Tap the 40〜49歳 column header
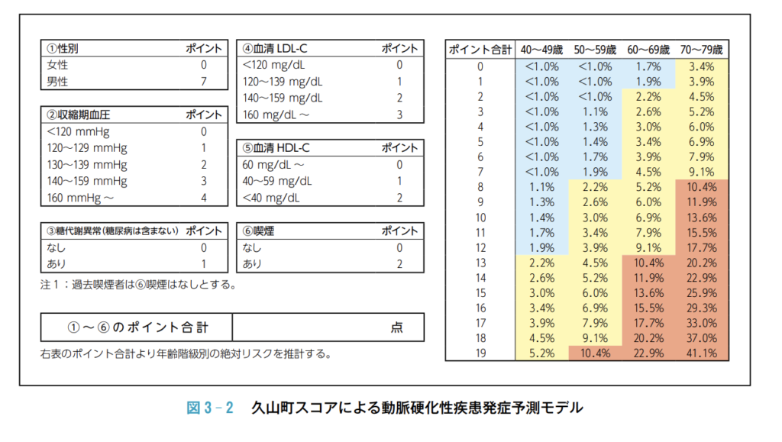pyautogui.click(x=541, y=50)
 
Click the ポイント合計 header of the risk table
pyautogui.click(x=480, y=50)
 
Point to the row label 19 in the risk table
pyautogui.click(x=480, y=353)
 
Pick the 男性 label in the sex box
pyautogui.click(x=58, y=81)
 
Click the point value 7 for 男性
pyautogui.click(x=204, y=81)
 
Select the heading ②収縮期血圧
pyautogui.click(x=79, y=115)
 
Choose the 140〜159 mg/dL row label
pyautogui.click(x=283, y=98)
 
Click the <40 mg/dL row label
pyautogui.click(x=272, y=198)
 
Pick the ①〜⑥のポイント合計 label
pyautogui.click(x=137, y=327)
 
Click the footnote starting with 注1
pyautogui.click(x=137, y=285)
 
